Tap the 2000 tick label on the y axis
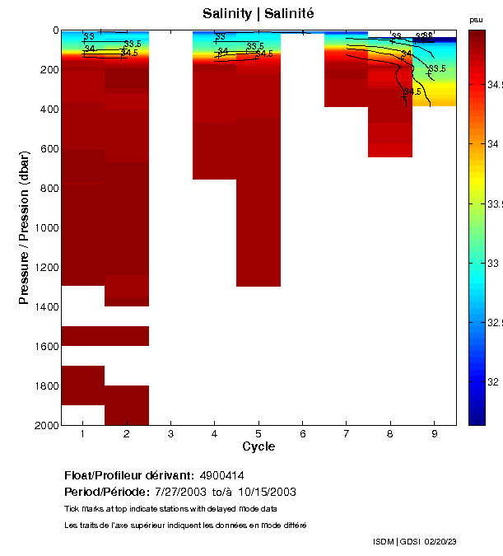pos(44,425)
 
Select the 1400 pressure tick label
pos(44,306)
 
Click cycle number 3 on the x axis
pos(170,433)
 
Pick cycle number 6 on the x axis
pos(302,433)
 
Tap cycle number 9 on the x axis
pos(434,433)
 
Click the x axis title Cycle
pos(258,447)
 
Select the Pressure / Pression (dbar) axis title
pos(25,227)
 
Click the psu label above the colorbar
pos(476,20)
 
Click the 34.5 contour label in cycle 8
pos(412,92)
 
